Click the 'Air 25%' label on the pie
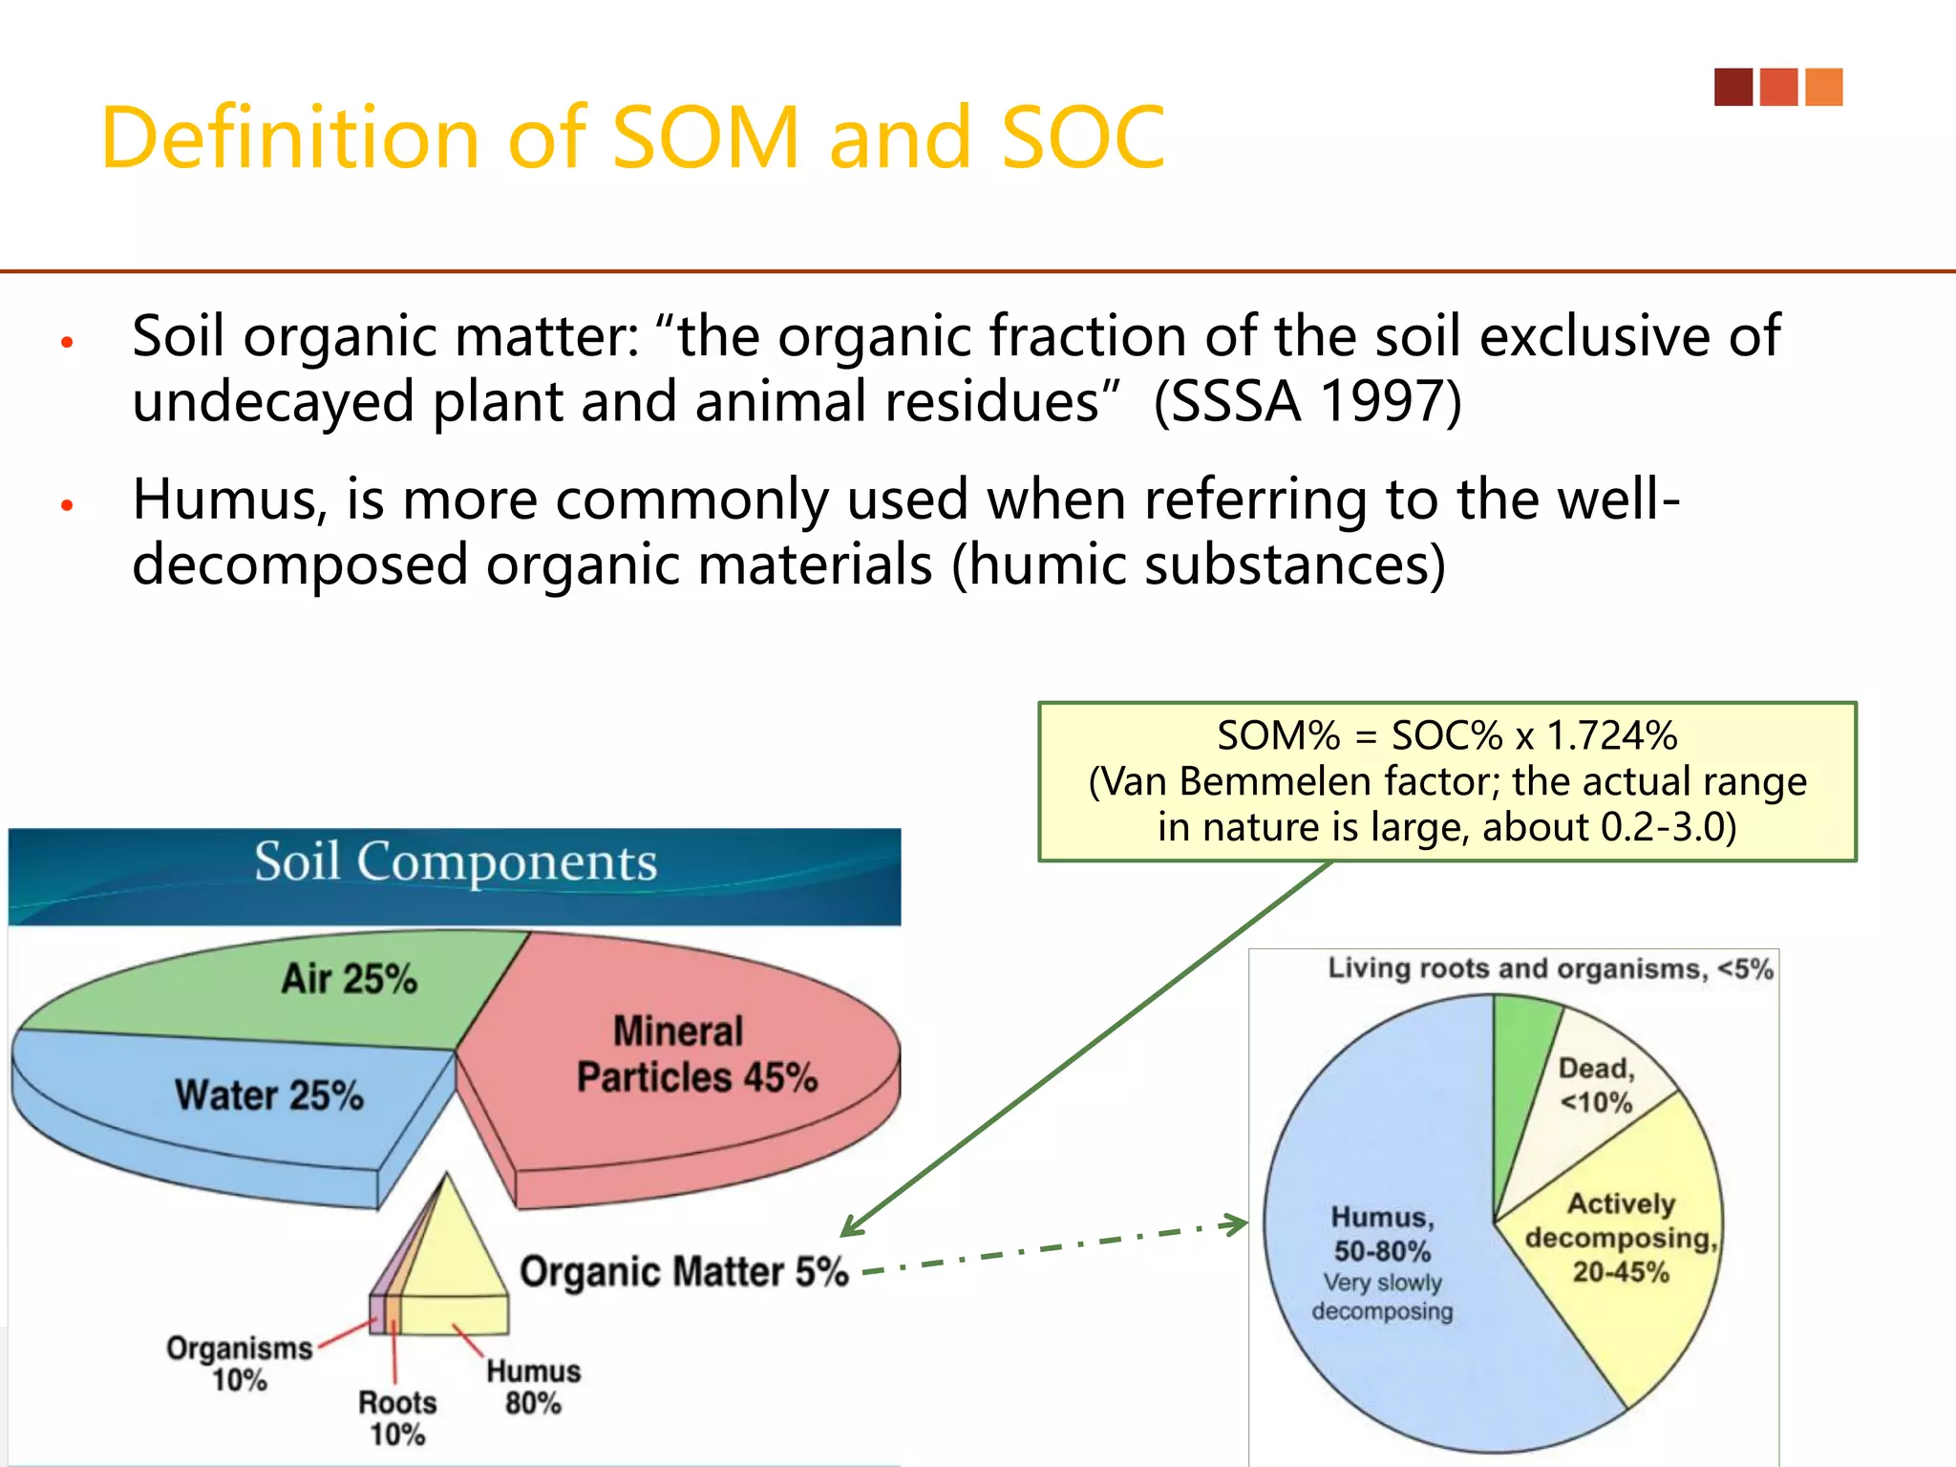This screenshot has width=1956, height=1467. coord(349,979)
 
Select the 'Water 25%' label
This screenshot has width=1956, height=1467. coord(269,1095)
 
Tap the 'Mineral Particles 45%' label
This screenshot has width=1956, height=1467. coord(696,1054)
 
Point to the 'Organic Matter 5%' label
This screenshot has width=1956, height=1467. coord(684,1272)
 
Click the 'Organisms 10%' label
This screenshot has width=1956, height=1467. coord(239,1364)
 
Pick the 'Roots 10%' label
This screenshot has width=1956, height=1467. coord(397,1418)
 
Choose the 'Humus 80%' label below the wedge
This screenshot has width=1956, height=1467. coord(533,1387)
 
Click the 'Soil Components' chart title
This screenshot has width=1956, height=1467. coord(456,862)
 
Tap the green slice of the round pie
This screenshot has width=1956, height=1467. coord(1521,1051)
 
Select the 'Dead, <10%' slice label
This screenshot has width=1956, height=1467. coord(1596,1085)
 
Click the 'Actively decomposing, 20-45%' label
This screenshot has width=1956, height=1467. coord(1621,1238)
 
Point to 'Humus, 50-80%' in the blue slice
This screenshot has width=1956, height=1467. coord(1382,1234)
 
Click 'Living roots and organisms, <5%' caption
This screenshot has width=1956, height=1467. coord(1550,969)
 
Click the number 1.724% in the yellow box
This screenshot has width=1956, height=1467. coord(1611,736)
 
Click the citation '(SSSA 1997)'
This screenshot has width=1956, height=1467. coord(1307,401)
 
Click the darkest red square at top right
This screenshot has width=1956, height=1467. coord(1733,87)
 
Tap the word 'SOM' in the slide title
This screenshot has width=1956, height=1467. coord(705,138)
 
